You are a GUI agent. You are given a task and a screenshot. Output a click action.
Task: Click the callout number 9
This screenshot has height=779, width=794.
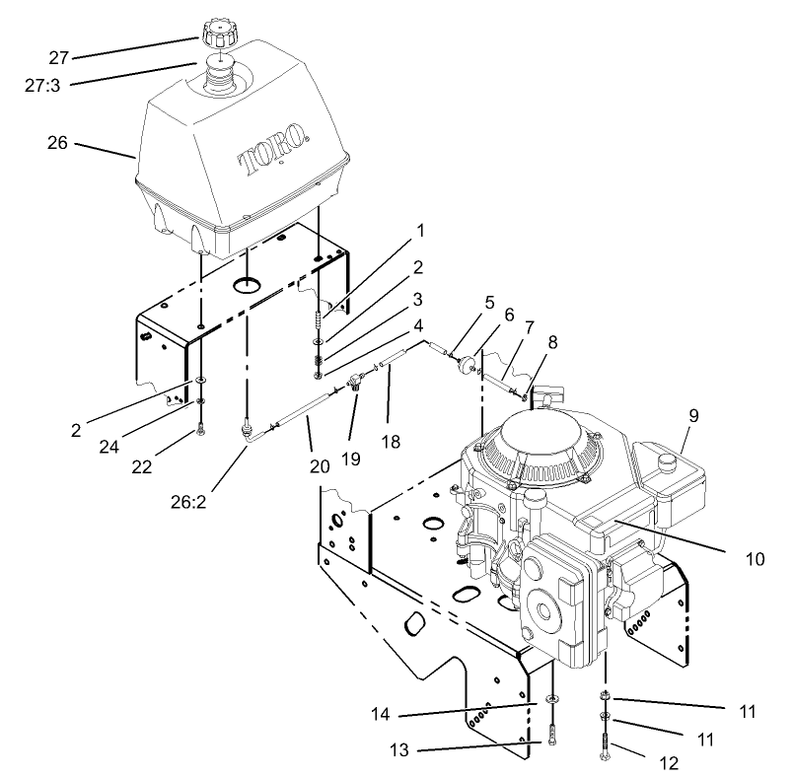coord(693,415)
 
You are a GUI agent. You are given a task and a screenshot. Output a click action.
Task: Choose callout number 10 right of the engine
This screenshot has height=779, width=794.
coord(755,558)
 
